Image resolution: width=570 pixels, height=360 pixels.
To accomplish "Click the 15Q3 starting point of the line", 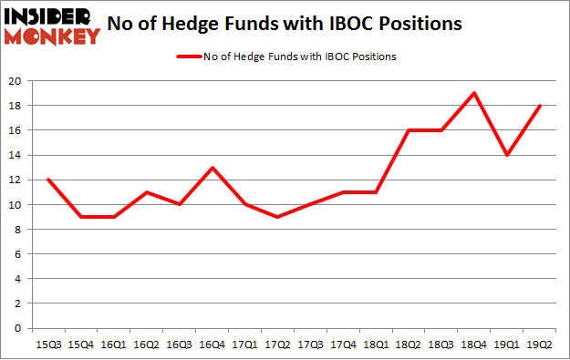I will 47,180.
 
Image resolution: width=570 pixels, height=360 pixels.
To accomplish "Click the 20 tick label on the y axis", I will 17,81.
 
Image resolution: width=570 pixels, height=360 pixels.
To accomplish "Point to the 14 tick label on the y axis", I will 17,155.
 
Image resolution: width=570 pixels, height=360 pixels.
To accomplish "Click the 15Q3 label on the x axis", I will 47,345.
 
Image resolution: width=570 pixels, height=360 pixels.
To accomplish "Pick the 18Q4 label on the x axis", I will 475,345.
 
